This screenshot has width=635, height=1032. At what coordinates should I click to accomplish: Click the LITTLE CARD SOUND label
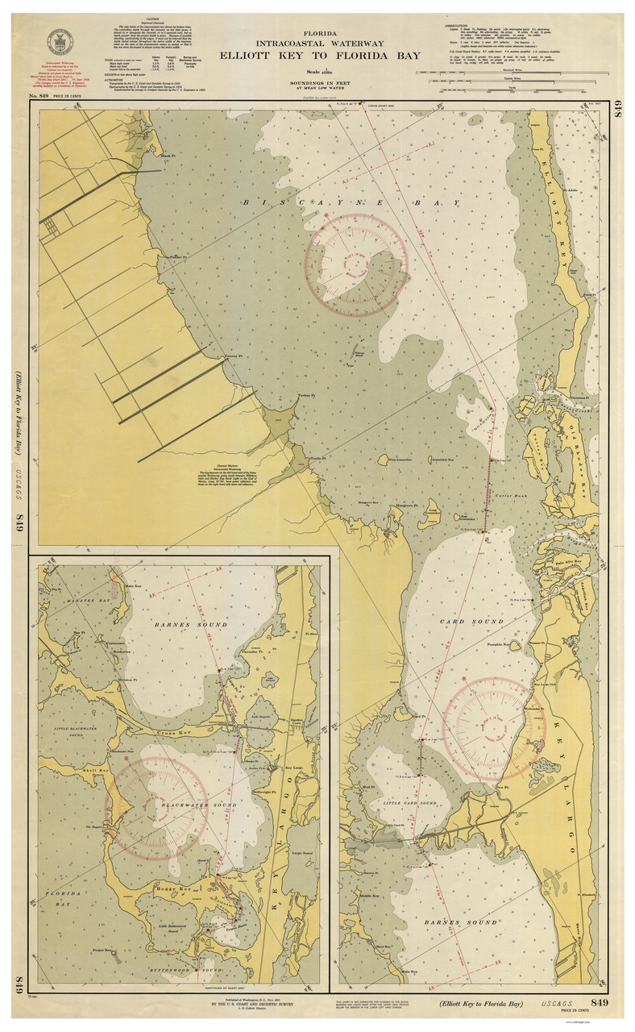pos(410,803)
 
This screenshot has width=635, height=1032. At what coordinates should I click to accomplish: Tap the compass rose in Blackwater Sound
pos(158,808)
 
